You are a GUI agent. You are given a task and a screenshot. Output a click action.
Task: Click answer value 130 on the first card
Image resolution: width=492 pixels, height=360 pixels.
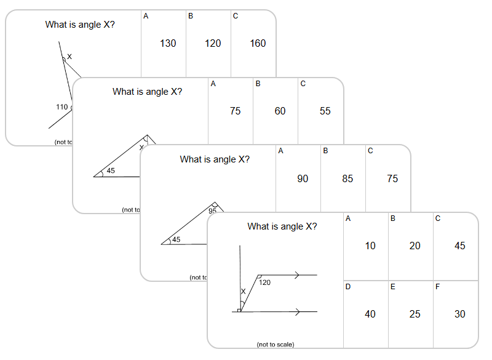[x=168, y=43]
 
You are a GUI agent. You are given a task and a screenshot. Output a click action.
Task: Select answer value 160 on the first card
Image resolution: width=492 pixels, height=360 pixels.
[x=258, y=43]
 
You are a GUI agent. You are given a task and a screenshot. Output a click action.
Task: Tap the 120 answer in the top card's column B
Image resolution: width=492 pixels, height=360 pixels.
[x=213, y=43]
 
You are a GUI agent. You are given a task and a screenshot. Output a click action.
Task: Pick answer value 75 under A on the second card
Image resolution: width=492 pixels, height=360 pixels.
[x=235, y=111]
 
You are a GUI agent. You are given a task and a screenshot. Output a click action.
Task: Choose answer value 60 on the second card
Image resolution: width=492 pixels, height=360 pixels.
[x=280, y=111]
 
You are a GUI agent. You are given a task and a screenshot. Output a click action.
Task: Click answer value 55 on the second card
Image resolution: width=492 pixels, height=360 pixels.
[x=325, y=111]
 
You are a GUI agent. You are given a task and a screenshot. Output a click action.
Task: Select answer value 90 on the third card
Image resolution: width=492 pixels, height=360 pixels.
[x=303, y=178]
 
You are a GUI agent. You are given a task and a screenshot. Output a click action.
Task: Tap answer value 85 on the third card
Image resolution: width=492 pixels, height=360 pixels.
[x=347, y=178]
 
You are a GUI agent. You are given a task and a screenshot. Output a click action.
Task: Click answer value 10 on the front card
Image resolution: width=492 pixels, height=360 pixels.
[x=370, y=246]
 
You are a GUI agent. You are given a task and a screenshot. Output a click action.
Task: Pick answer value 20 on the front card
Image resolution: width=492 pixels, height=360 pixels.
[x=415, y=246]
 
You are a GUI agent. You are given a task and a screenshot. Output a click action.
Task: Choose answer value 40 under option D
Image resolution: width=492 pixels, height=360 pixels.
[x=370, y=314]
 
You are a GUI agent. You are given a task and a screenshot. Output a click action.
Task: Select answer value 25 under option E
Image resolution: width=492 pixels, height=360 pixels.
[x=415, y=314]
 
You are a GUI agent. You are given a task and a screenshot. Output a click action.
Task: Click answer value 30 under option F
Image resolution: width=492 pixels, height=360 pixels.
[x=460, y=314]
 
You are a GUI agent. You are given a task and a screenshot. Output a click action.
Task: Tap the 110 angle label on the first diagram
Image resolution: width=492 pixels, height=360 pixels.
[x=62, y=107]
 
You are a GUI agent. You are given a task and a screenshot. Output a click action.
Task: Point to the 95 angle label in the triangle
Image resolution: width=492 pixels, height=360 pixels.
[x=213, y=211]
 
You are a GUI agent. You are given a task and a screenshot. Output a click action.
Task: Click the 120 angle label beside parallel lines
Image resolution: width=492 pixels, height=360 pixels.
[x=265, y=282]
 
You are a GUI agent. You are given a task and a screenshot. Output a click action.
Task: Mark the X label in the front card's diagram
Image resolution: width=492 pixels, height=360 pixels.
[x=243, y=292]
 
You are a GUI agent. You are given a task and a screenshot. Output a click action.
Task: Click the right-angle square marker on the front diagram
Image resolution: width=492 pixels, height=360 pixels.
[x=239, y=310]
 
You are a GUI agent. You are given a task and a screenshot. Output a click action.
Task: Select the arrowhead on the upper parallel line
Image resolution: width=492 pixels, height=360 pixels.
[x=298, y=275]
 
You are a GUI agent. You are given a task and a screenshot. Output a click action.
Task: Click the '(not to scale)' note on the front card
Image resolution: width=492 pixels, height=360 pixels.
[x=275, y=345]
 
